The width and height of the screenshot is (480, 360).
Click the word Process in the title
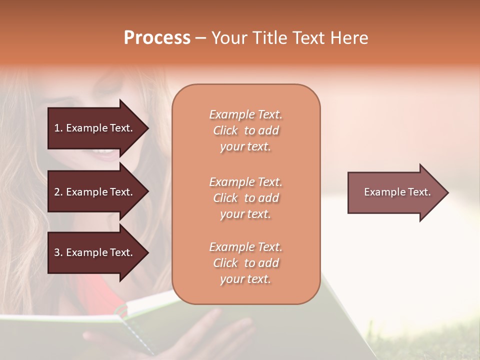[157, 38]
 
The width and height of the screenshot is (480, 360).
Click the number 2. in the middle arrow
[58, 192]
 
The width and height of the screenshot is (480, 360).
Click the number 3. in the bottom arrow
[58, 252]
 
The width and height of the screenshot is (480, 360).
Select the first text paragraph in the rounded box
[245, 130]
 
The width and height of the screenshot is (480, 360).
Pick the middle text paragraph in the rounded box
[245, 198]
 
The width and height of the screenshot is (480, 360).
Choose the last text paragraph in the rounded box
[245, 263]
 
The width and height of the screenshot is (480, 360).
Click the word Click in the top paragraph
[225, 130]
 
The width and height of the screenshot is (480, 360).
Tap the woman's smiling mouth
[105, 152]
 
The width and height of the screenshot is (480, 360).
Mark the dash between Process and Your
[200, 38]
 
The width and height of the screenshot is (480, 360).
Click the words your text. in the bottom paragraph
[245, 279]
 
